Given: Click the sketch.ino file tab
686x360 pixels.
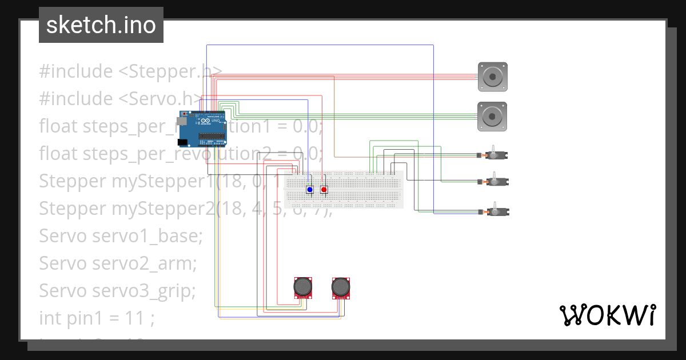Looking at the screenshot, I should tap(101, 25).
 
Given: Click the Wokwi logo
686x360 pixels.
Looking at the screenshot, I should tap(607, 315).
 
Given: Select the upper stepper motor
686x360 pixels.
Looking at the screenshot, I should tap(492, 77).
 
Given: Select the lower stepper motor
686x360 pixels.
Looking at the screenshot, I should tap(492, 117).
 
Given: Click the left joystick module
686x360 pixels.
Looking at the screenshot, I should tap(304, 287).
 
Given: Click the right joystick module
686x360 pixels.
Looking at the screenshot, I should tap(341, 287).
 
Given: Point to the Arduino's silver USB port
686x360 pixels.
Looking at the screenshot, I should tap(182, 121).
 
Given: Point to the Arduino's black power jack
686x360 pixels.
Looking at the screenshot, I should tap(182, 142).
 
